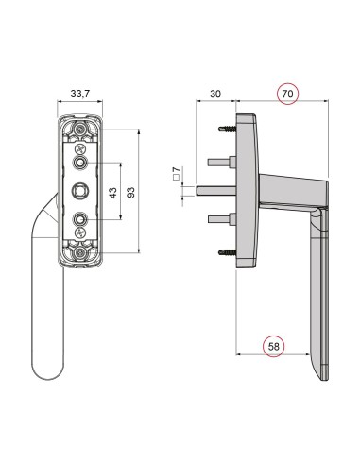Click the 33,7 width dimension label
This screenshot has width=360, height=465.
click(80, 94)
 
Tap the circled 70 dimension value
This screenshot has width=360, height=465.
click(287, 94)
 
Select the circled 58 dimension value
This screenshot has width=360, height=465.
click(273, 347)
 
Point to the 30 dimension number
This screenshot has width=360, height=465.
click(215, 94)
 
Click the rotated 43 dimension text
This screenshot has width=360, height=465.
click(112, 193)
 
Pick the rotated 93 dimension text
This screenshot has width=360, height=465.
click(130, 192)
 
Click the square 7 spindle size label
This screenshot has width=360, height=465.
click(177, 173)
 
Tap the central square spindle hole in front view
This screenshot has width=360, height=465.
click(80, 191)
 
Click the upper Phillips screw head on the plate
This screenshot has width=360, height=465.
click(80, 148)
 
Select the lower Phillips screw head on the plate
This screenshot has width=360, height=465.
click(80, 233)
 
